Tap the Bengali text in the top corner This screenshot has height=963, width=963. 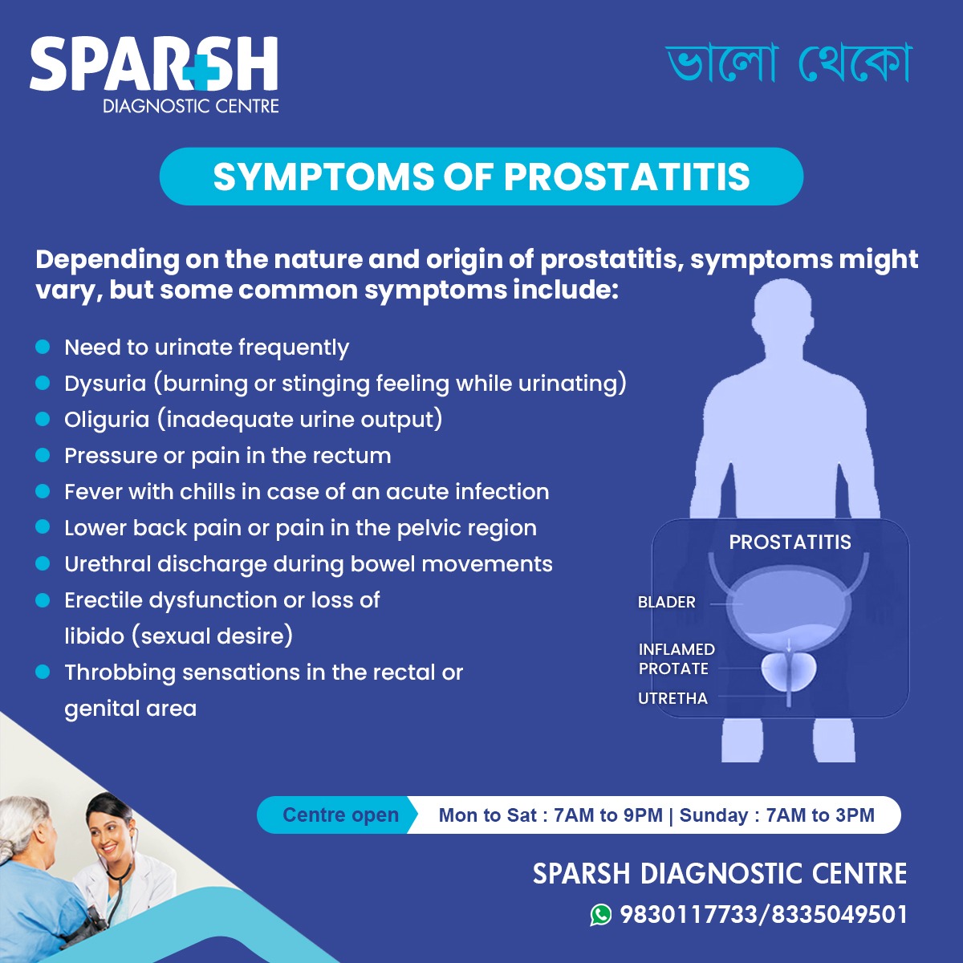click(x=790, y=63)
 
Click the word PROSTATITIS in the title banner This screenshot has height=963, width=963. click(x=627, y=177)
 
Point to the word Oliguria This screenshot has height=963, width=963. click(x=107, y=420)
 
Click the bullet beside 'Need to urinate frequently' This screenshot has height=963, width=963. click(x=43, y=347)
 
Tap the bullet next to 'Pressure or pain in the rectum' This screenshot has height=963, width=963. click(x=43, y=455)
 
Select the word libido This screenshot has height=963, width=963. click(x=93, y=636)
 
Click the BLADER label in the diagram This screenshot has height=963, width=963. click(x=666, y=602)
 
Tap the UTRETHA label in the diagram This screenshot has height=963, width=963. click(x=672, y=698)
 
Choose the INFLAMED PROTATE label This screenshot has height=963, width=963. click(x=676, y=659)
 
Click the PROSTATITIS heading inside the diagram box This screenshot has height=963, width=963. click(x=790, y=542)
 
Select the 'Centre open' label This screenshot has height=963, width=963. click(x=340, y=815)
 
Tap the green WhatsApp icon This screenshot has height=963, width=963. click(x=600, y=914)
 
